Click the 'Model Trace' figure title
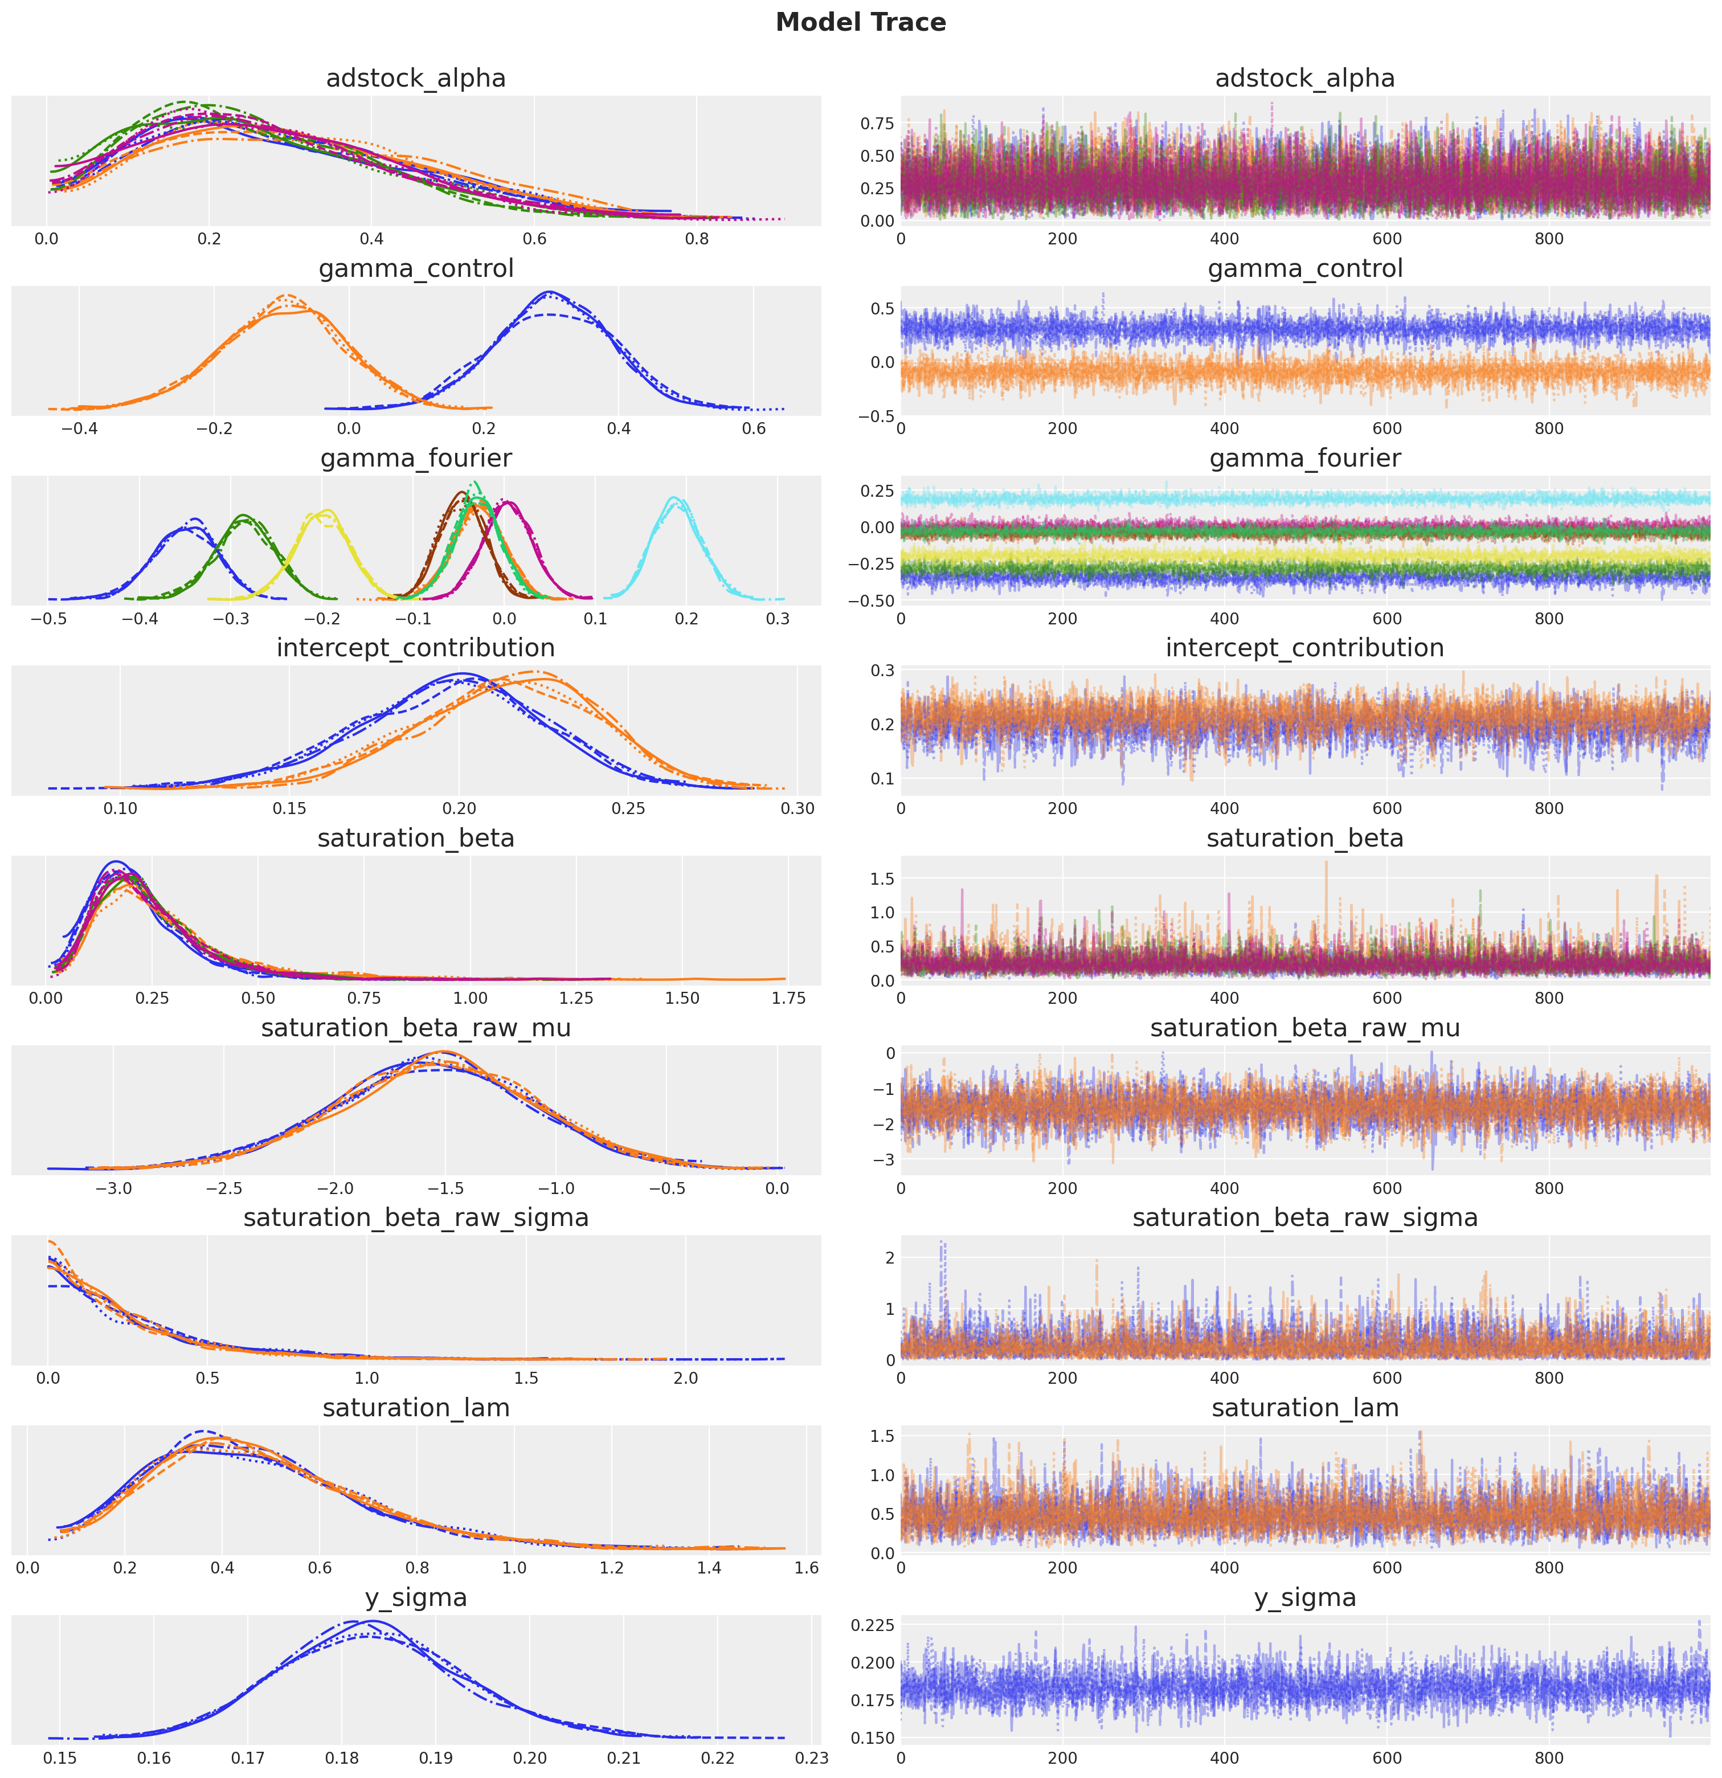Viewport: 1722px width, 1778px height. pyautogui.click(x=860, y=23)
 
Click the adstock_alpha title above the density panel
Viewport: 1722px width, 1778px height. pyautogui.click(x=415, y=79)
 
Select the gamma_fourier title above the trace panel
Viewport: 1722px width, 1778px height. pyautogui.click(x=1304, y=458)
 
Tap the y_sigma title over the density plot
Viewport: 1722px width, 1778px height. pyautogui.click(x=415, y=1597)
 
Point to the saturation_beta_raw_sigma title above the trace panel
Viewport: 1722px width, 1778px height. pyautogui.click(x=1304, y=1217)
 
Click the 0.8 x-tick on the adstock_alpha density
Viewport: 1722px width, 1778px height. pyautogui.click(x=697, y=239)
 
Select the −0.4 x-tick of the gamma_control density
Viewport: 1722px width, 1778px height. pyautogui.click(x=79, y=429)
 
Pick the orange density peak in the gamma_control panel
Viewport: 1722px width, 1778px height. pyautogui.click(x=287, y=296)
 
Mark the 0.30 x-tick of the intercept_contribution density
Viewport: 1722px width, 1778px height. pyautogui.click(x=797, y=808)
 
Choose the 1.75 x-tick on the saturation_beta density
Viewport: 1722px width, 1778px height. pyautogui.click(x=787, y=998)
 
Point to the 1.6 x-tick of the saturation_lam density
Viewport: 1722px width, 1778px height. pyautogui.click(x=805, y=1568)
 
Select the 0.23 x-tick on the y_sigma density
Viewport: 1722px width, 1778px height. pyautogui.click(x=811, y=1758)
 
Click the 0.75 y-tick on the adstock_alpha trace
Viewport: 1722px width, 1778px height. pyautogui.click(x=877, y=124)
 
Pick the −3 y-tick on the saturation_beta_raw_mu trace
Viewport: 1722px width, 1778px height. pyautogui.click(x=886, y=1159)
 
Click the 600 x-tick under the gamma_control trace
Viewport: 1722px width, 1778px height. pyautogui.click(x=1386, y=429)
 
